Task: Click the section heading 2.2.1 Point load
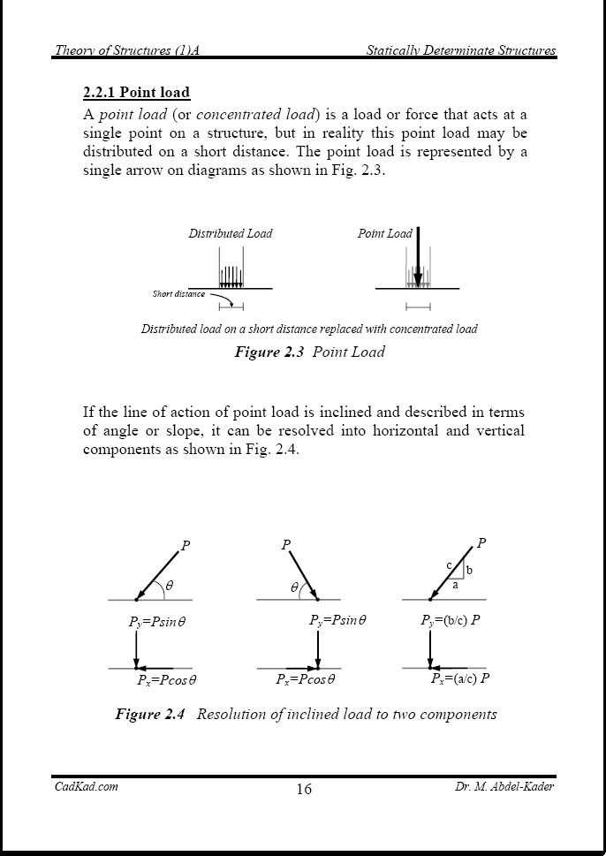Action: [136, 93]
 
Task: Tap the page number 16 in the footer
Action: [303, 789]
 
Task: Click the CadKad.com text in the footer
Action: [86, 786]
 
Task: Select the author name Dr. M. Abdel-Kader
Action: [498, 786]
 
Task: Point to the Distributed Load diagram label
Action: [230, 234]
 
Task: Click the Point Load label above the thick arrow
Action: [384, 234]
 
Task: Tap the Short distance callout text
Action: [178, 294]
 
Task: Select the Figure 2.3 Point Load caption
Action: [309, 352]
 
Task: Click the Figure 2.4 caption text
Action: [306, 714]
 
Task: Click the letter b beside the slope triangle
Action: [469, 571]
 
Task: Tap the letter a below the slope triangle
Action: [455, 585]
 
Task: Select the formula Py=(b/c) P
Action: [450, 620]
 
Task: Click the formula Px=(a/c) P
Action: [459, 679]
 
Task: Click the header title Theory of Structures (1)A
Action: [126, 50]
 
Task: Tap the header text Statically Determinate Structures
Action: [460, 50]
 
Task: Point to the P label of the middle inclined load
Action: [285, 545]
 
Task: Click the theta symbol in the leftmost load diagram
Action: [170, 585]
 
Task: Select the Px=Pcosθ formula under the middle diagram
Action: [306, 680]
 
